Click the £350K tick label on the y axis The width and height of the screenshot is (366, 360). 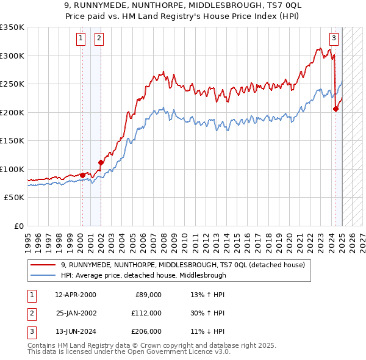point(12,27)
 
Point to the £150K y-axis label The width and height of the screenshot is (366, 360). point(12,140)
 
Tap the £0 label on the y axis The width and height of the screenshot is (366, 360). point(18,226)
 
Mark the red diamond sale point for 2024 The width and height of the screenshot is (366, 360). point(336,109)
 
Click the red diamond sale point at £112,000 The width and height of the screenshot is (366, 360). point(101,162)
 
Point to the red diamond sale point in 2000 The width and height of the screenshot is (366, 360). point(82,176)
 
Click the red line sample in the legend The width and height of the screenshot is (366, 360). point(43,265)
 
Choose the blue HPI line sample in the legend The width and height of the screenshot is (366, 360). point(43,275)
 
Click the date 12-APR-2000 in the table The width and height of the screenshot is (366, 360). point(76,295)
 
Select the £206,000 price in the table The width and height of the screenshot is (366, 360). point(146,331)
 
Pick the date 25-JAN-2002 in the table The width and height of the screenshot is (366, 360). point(76,313)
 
